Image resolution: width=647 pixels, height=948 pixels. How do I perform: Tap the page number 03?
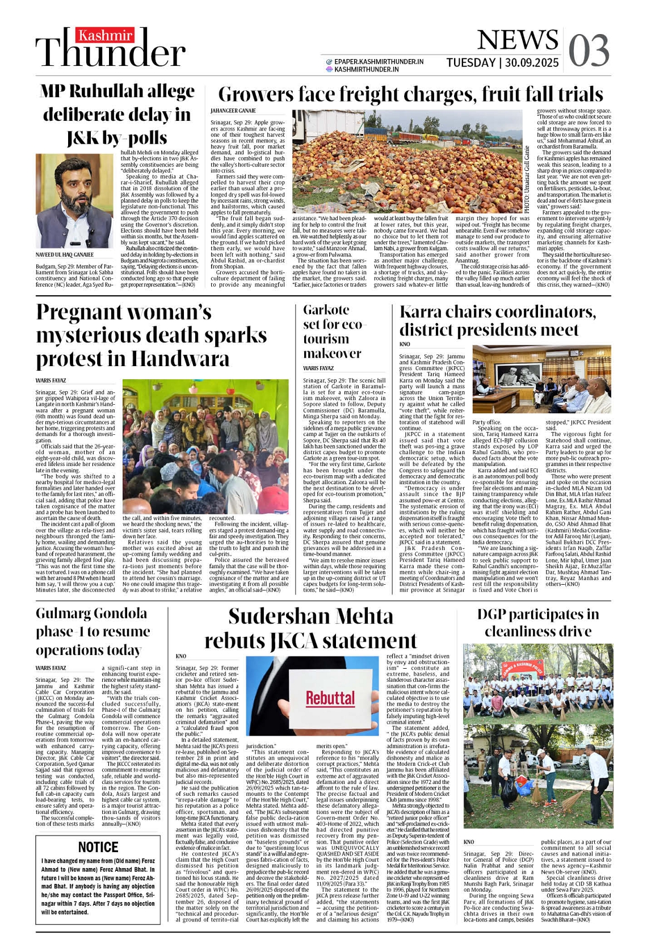pyautogui.click(x=589, y=51)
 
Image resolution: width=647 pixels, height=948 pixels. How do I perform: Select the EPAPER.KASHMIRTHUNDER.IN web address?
pyautogui.click(x=379, y=61)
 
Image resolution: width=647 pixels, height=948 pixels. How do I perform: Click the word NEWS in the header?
pyautogui.click(x=518, y=40)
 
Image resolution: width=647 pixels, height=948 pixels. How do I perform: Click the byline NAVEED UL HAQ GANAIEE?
pyautogui.click(x=65, y=255)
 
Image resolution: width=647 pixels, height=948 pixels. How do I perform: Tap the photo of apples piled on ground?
pyautogui.click(x=407, y=161)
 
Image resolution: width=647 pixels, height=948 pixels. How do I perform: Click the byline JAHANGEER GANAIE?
pyautogui.click(x=233, y=111)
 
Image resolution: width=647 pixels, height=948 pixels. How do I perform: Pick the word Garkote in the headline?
pyautogui.click(x=326, y=310)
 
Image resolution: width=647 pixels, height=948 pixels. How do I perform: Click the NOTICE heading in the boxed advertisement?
pyautogui.click(x=98, y=847)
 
